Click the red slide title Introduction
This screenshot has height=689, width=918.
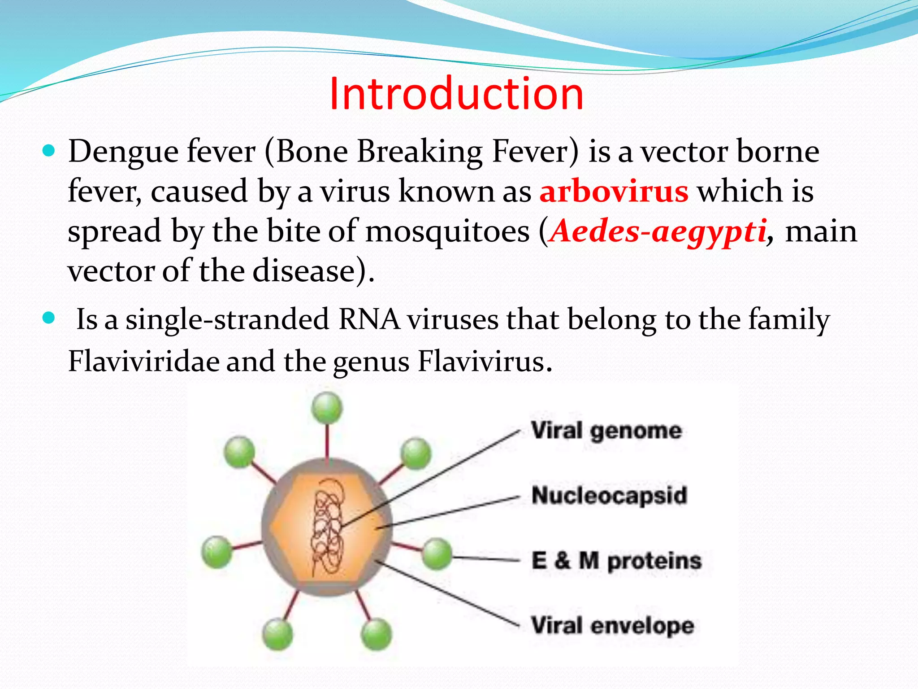[456, 94]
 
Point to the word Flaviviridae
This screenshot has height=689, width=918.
[143, 362]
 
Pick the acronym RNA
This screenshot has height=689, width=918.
[369, 320]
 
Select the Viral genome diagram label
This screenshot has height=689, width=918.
[606, 431]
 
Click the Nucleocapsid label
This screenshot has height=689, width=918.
[609, 496]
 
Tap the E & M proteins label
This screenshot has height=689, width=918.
[616, 561]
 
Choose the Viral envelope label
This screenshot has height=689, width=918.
[612, 625]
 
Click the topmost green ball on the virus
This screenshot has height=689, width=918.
[327, 407]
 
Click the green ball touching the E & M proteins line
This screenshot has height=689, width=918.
[436, 554]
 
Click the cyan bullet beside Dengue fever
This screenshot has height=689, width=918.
[48, 150]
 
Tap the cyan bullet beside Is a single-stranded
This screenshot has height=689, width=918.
[48, 318]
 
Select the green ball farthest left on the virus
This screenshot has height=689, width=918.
[217, 552]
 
